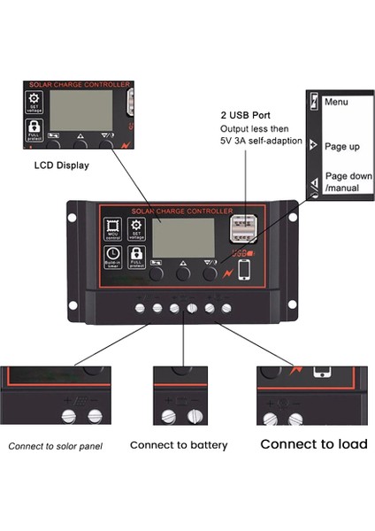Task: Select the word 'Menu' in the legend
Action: (x=337, y=102)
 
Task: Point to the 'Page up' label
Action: (x=341, y=145)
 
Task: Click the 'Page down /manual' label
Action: (x=341, y=182)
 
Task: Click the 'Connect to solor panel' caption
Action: (x=56, y=446)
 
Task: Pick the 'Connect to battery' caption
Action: (x=179, y=445)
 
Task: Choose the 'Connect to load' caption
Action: (x=313, y=444)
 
